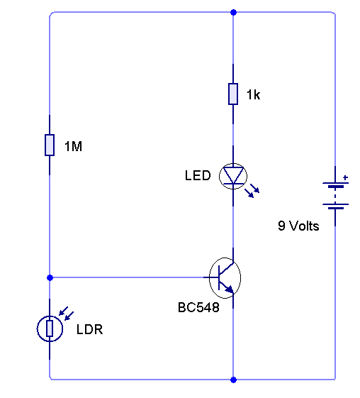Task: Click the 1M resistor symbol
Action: click(50, 145)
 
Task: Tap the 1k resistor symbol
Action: click(233, 94)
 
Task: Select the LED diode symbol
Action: click(233, 176)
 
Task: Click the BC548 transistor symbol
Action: click(225, 277)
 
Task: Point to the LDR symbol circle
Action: click(37, 329)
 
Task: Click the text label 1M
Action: click(73, 146)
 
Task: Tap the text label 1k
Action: click(253, 94)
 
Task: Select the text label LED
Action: click(198, 175)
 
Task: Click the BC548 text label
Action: click(198, 307)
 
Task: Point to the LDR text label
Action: click(89, 329)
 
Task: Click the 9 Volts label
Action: click(298, 226)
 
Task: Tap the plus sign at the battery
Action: click(345, 177)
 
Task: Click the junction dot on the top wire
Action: click(233, 12)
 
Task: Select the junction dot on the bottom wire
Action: click(233, 380)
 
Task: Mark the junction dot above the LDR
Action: click(50, 277)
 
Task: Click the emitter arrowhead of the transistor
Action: click(230, 289)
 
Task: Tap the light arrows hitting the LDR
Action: click(67, 314)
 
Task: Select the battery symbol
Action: click(335, 196)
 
